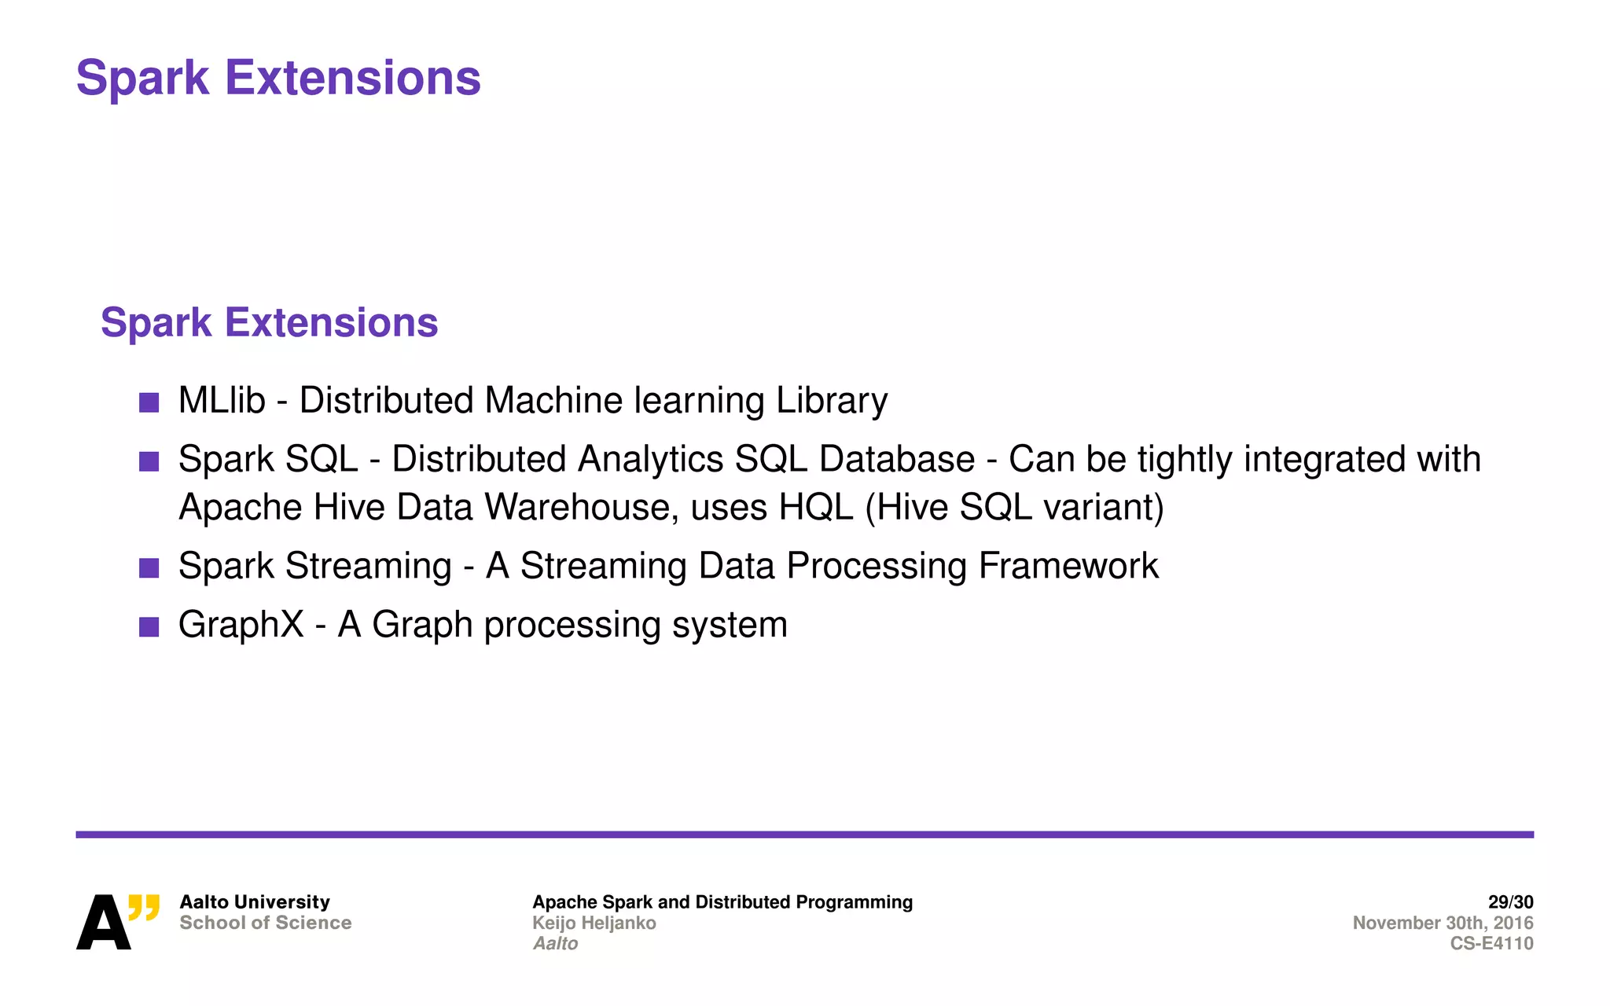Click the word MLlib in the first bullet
(x=222, y=401)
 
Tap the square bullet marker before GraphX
(x=149, y=626)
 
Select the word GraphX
(x=241, y=626)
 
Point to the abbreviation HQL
(x=815, y=508)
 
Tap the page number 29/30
(x=1510, y=902)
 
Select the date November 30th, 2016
(x=1443, y=923)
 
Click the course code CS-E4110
(x=1491, y=943)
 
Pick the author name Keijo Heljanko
(x=594, y=923)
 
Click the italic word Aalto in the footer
(x=555, y=943)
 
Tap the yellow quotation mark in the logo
(x=144, y=907)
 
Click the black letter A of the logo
(x=103, y=923)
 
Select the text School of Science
(x=265, y=923)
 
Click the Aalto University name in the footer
(x=255, y=902)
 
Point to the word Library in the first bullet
(x=832, y=401)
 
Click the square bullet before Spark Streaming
(x=149, y=567)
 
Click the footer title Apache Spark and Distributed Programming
(x=722, y=902)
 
